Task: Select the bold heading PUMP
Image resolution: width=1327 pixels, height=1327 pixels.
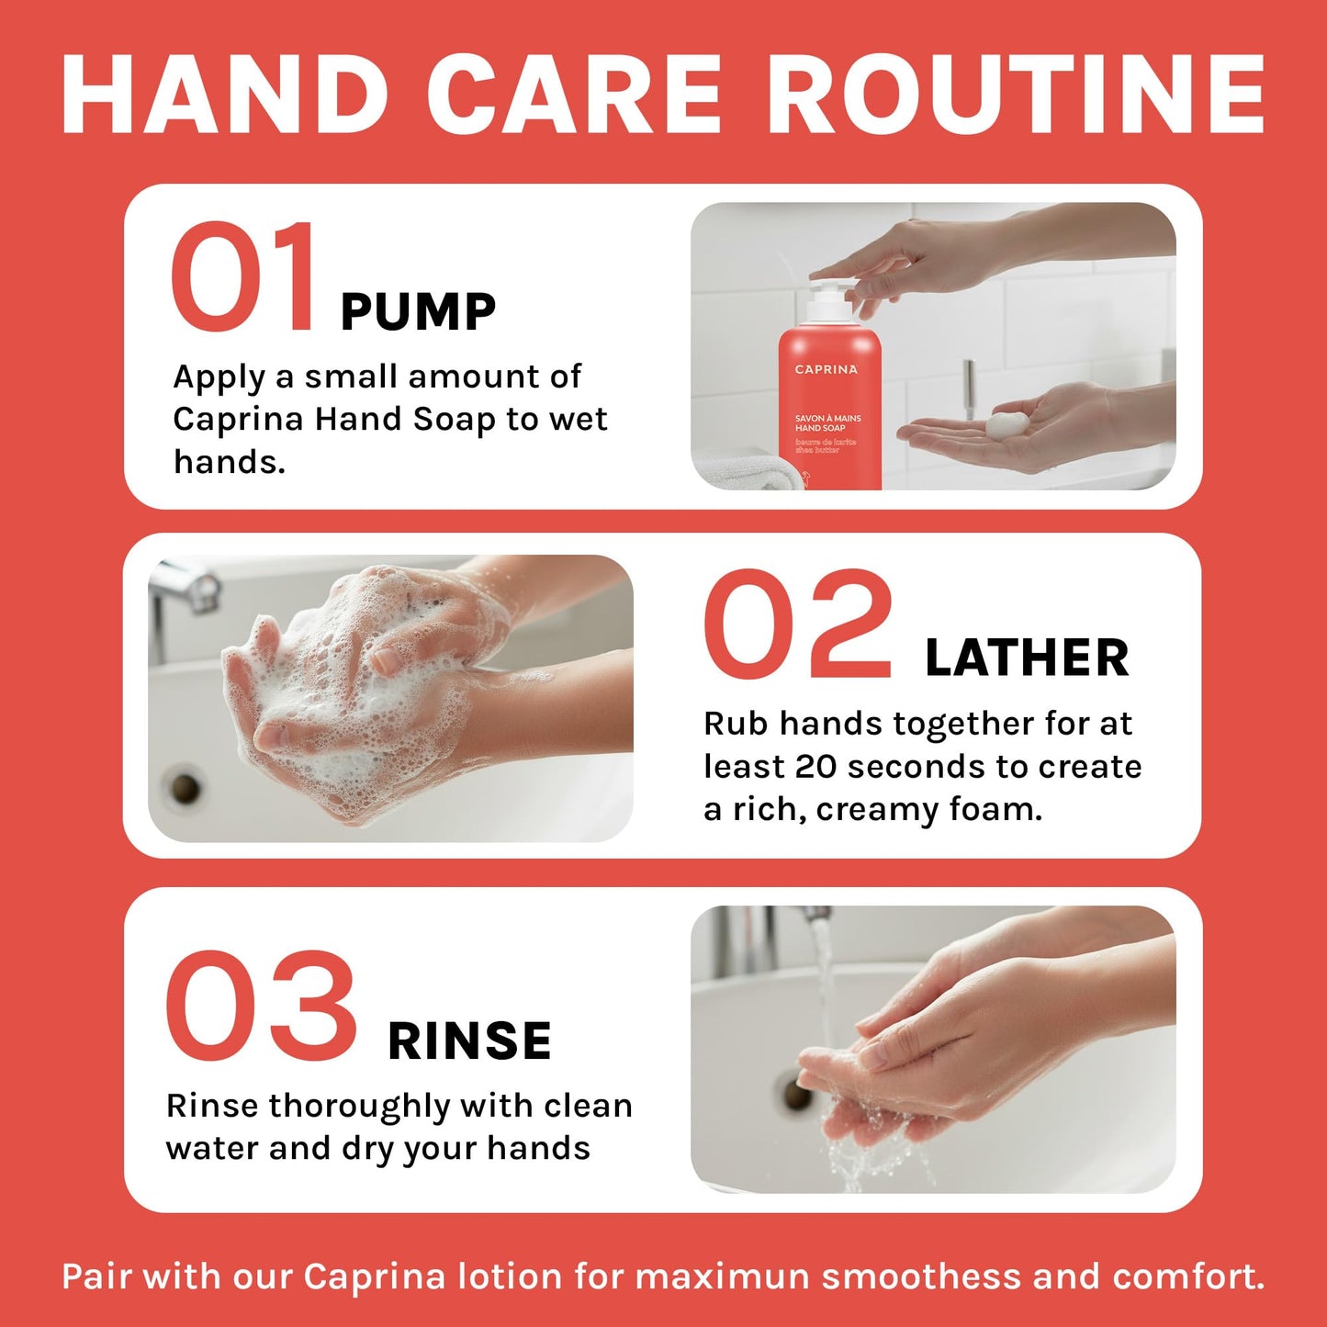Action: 418,312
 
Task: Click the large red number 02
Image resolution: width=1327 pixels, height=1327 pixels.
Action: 797,624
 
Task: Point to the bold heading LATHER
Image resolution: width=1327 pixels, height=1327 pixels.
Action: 1027,658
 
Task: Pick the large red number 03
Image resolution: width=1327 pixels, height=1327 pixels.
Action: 261,1006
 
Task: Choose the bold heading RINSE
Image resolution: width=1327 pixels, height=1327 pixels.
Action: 469,1040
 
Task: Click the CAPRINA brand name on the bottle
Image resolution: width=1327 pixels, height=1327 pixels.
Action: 827,370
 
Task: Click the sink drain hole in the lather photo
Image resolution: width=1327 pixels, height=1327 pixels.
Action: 186,788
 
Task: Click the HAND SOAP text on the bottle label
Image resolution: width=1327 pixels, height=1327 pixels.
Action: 820,428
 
